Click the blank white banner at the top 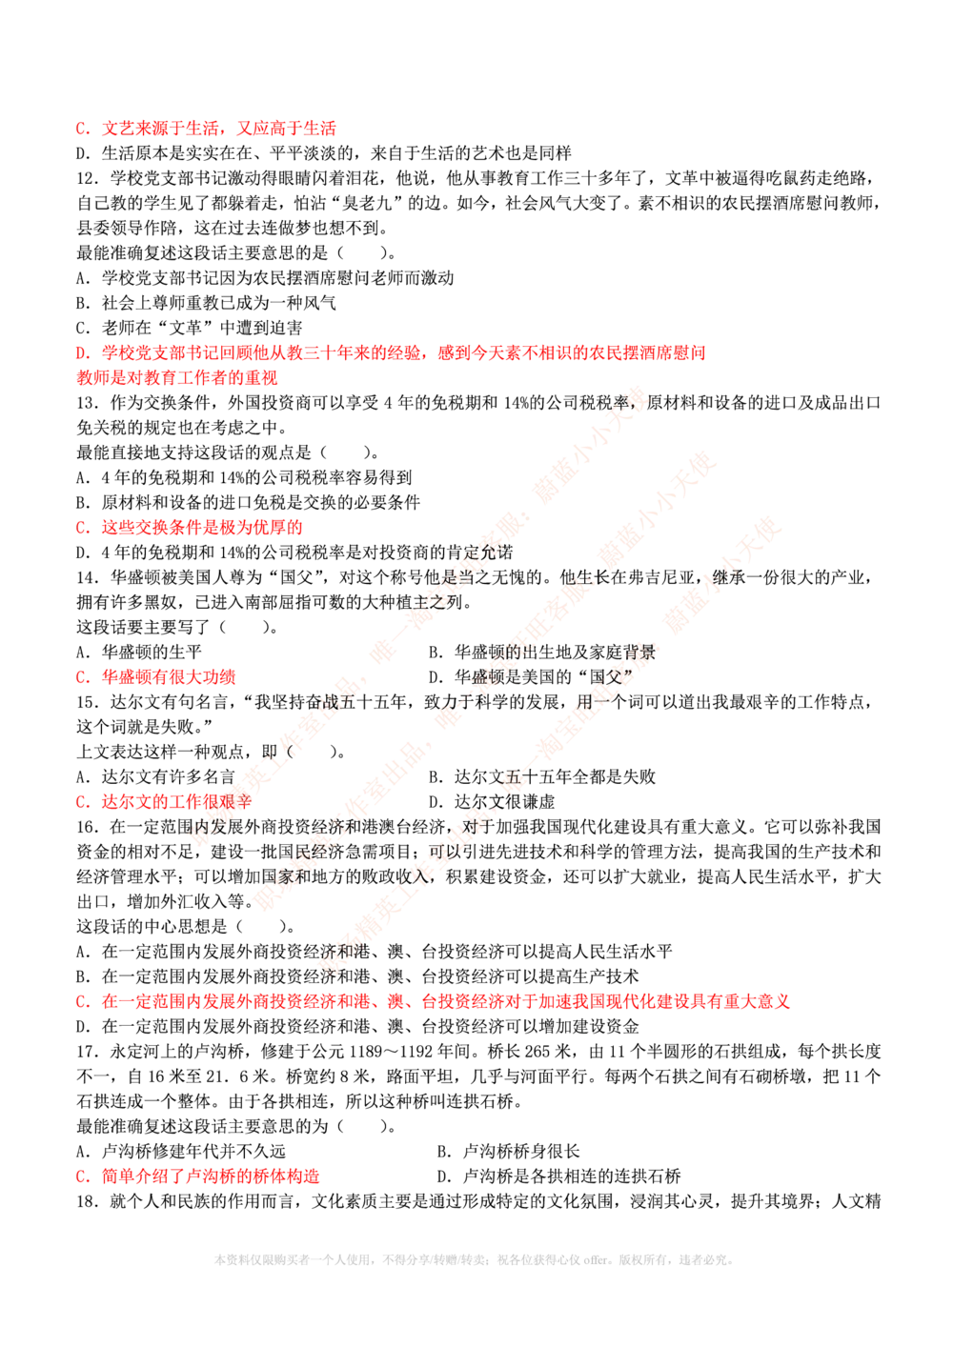coord(457,79)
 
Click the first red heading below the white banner coord(218,128)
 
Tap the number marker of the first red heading coord(82,128)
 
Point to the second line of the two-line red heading coord(177,377)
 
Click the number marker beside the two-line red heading coord(82,353)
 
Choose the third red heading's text coord(202,528)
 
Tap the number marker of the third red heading coord(82,528)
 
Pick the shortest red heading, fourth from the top coord(168,677)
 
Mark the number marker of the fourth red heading coord(82,677)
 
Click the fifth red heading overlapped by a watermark coord(176,802)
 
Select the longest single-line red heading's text coord(446,1002)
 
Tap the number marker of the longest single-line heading coord(82,1002)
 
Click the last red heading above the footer coord(210,1177)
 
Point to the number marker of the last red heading coord(82,1177)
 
